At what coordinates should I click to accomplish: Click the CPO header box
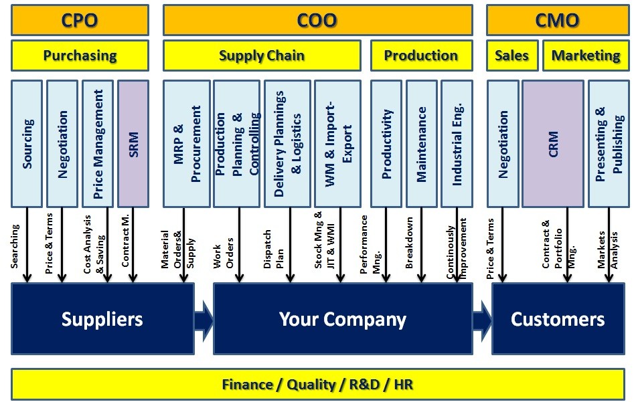pos(80,20)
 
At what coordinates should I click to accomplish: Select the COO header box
pos(318,20)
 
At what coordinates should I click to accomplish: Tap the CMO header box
pos(558,20)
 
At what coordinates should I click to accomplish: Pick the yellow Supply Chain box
pos(262,56)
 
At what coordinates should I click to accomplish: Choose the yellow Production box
pos(422,56)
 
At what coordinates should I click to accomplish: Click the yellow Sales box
pos(512,56)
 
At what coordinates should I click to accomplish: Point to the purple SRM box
pos(133,144)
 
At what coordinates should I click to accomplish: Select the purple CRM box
pos(553,144)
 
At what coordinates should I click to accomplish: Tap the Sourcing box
pos(27,144)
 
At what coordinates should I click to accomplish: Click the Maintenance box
pos(422,144)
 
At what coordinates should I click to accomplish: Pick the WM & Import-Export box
pos(338,144)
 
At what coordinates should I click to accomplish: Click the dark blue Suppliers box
pos(102,319)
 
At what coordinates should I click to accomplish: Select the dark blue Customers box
pos(558,319)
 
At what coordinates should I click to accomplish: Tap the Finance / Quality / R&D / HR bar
pos(318,384)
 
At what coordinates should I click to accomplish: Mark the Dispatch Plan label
pos(274,249)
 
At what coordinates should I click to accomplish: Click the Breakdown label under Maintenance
pos(409,243)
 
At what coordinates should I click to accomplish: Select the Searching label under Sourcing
pos(15,246)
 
